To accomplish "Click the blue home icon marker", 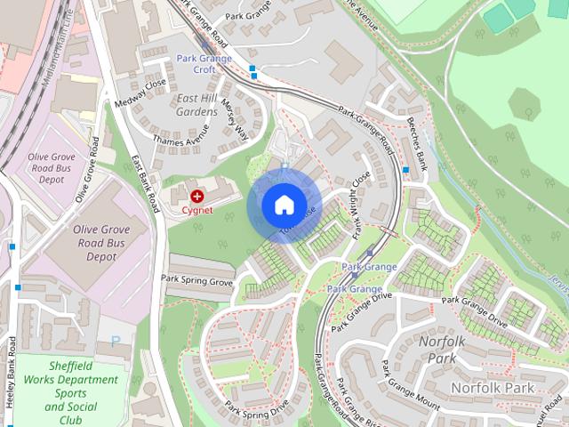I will coord(284,205).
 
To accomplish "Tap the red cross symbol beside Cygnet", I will coord(196,194).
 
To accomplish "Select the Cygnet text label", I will coord(196,211).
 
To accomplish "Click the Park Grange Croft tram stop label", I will coord(204,64).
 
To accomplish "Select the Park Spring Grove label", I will coord(196,280).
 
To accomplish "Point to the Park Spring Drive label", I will coord(257,408).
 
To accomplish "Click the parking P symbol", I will coord(116,340).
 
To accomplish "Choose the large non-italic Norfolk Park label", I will coord(492,388).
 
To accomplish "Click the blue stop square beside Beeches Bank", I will coord(405,169).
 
